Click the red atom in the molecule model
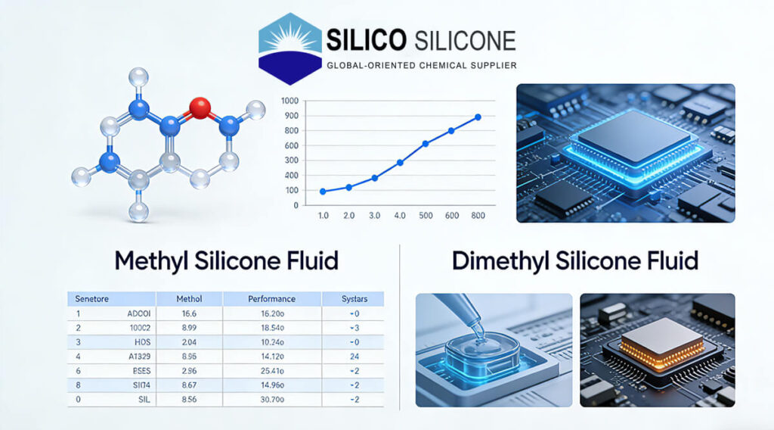200,107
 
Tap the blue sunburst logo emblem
289,48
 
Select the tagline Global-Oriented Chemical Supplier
421,66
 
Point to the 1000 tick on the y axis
290,101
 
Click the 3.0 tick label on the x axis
374,216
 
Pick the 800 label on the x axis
478,216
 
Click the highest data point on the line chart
478,117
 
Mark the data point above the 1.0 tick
323,192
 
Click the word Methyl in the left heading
153,260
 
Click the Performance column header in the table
271,299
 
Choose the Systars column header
353,299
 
